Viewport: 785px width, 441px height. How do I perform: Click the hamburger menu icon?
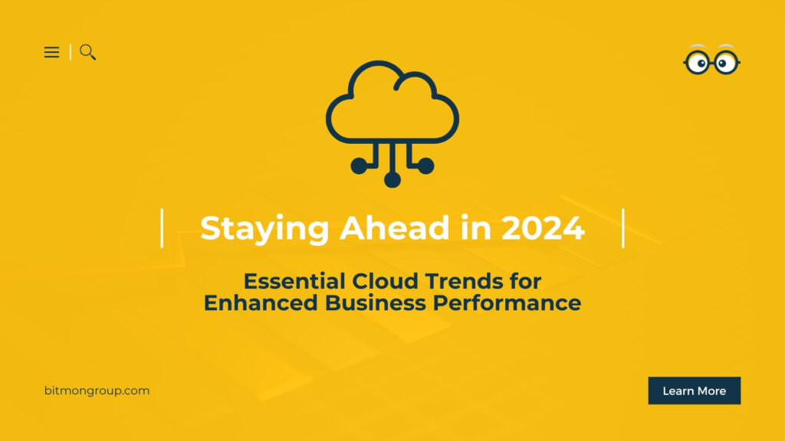(x=51, y=52)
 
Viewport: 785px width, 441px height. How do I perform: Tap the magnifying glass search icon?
(x=87, y=52)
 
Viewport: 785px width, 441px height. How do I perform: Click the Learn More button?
(x=694, y=390)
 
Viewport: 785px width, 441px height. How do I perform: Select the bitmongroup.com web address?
(x=97, y=390)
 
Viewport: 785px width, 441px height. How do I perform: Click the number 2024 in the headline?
(x=543, y=228)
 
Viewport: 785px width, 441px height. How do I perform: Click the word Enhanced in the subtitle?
(x=261, y=303)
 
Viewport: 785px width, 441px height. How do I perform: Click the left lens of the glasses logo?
(x=698, y=63)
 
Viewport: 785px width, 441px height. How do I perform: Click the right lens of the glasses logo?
(x=725, y=63)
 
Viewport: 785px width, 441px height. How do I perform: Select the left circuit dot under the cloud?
(x=359, y=165)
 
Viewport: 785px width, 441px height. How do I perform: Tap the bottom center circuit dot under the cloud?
(x=392, y=179)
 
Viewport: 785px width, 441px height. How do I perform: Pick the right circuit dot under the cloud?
(x=426, y=165)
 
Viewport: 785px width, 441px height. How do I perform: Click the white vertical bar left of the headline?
(x=162, y=228)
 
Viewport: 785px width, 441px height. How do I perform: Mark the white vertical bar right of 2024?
(x=623, y=228)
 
